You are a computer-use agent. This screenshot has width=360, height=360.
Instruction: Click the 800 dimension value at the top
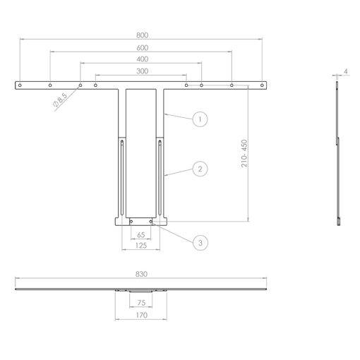142,35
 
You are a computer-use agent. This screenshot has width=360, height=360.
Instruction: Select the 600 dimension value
142,47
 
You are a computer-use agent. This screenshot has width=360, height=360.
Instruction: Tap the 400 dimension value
142,59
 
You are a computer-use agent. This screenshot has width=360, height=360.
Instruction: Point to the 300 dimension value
142,71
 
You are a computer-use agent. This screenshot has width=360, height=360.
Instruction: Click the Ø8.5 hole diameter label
61,102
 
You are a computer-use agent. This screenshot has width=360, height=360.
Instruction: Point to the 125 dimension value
141,245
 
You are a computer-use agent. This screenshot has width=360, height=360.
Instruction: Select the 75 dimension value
140,301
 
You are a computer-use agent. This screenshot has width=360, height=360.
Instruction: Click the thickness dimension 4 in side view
346,71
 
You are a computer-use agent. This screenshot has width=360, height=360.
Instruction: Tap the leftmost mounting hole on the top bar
21,85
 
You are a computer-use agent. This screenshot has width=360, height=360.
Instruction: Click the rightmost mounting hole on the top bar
262,85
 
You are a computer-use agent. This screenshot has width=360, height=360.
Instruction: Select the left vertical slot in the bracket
123,176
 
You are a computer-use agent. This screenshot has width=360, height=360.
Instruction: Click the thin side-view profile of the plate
338,152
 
